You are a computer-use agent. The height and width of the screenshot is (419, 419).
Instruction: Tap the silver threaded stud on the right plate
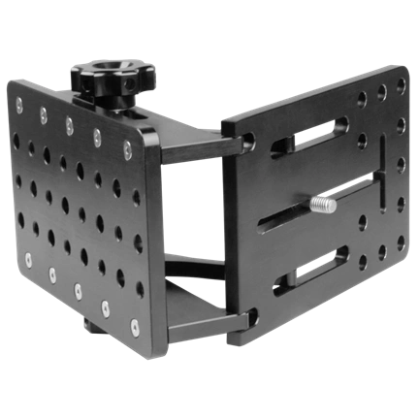tap(323, 205)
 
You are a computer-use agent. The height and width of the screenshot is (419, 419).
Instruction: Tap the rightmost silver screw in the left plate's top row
tap(127, 147)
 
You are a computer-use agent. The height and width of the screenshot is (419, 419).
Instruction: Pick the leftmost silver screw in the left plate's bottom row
tap(30, 260)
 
